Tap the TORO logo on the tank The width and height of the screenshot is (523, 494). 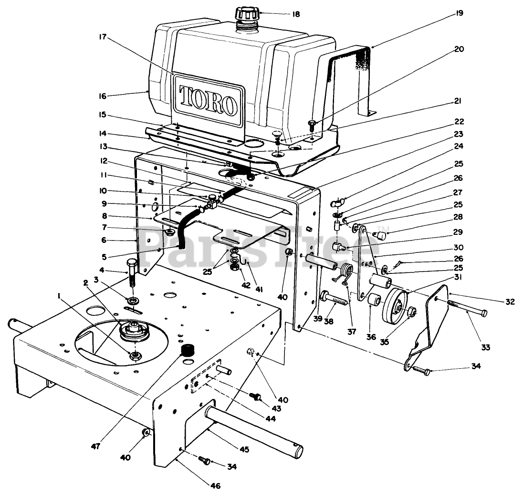tap(208, 101)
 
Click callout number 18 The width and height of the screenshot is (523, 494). tap(296, 14)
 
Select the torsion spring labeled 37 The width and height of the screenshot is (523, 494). tap(347, 275)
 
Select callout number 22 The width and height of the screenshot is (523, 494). tap(459, 121)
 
